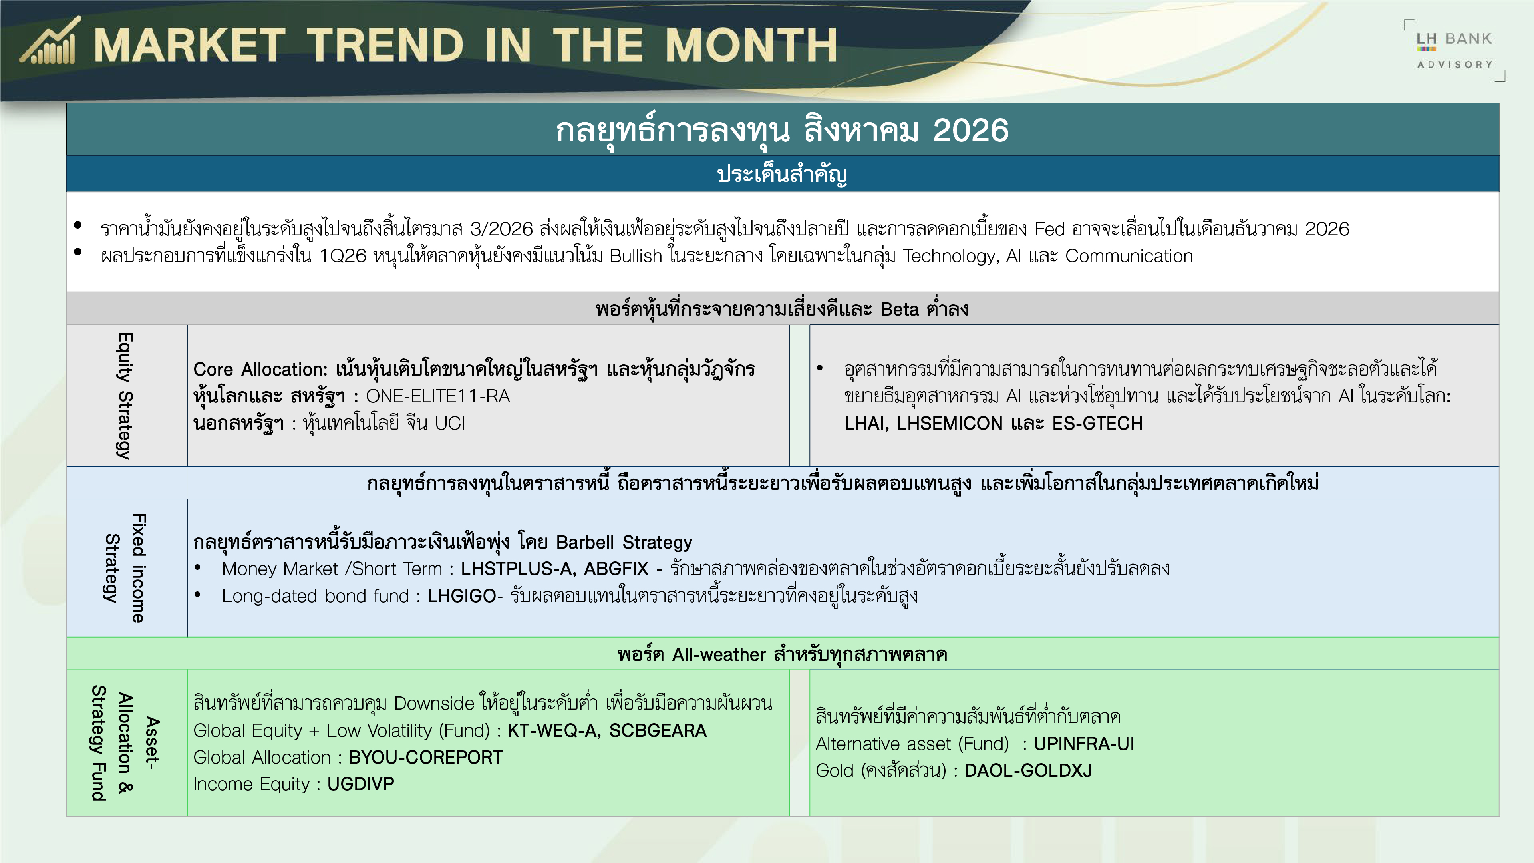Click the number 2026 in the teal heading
click(x=971, y=130)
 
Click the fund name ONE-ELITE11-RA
click(x=438, y=396)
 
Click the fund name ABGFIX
click(x=616, y=569)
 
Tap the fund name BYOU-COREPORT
click(x=426, y=757)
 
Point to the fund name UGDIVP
click(x=361, y=784)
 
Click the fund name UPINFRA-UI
click(x=1084, y=744)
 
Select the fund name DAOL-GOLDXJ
click(x=1028, y=771)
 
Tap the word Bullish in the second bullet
click(x=636, y=256)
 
